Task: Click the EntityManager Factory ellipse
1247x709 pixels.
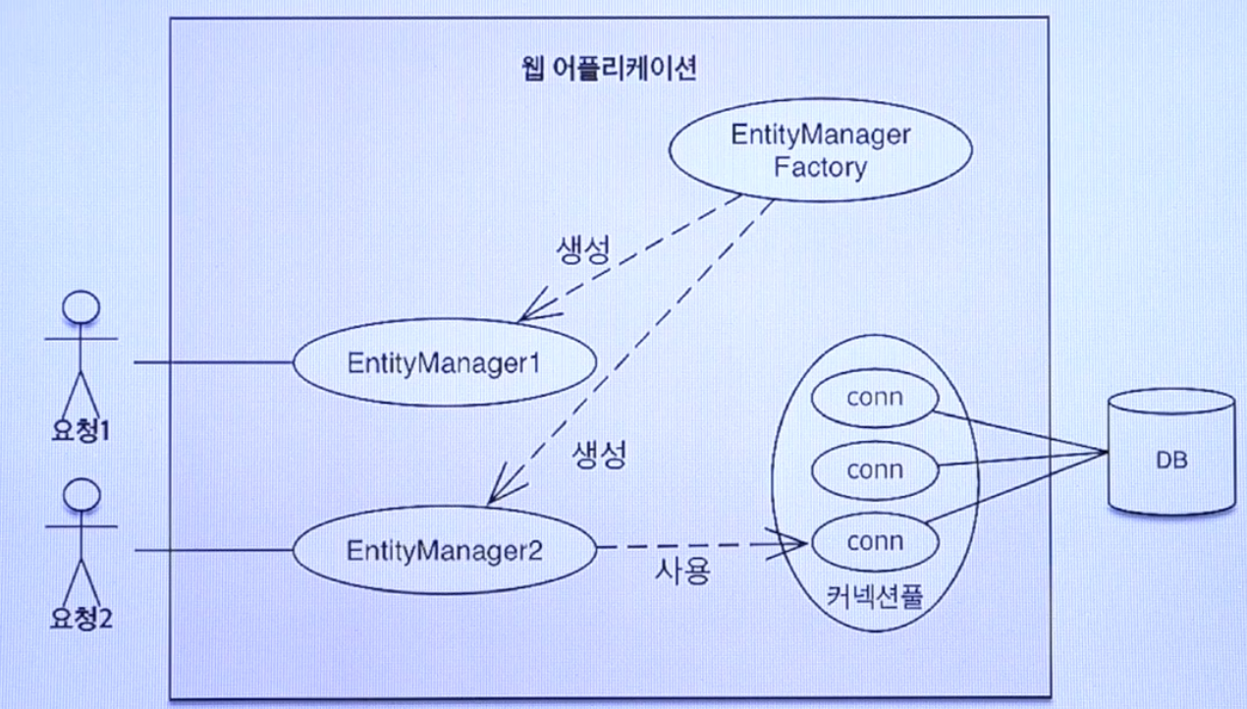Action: coord(820,151)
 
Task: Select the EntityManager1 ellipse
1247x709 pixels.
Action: coord(444,362)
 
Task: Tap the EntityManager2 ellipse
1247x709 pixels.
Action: coord(444,550)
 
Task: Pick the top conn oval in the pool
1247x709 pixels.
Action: coord(874,399)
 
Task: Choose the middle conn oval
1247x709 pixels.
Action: coord(874,469)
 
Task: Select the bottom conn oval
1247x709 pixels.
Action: coord(874,541)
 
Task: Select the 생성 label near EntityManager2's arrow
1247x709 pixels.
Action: coord(598,455)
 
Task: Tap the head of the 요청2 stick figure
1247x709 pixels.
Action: coord(82,495)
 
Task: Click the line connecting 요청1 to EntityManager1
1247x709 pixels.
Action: coord(213,362)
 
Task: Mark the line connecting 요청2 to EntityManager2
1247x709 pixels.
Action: coord(213,550)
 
